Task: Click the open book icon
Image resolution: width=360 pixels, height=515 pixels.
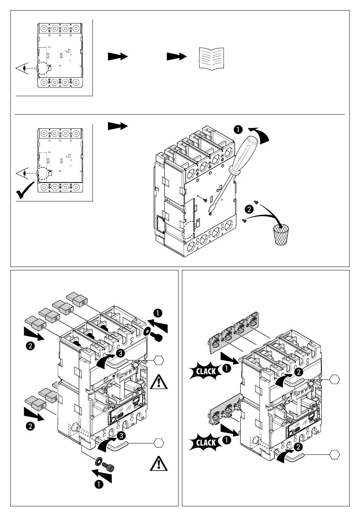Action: [211, 58]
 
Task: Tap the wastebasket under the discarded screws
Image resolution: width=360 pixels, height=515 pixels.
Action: [281, 235]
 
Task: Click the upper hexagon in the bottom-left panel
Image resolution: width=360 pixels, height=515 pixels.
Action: [159, 360]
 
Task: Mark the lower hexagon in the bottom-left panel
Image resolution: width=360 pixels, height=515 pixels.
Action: [159, 442]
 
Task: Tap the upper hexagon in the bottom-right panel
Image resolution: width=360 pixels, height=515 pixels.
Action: [335, 379]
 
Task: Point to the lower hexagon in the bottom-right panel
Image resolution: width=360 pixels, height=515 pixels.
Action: [335, 454]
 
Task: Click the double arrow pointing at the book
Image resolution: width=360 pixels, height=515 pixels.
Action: [177, 56]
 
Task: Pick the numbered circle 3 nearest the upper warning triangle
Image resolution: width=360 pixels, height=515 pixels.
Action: [120, 353]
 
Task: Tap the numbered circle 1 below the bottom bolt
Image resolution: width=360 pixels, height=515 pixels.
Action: [99, 484]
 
